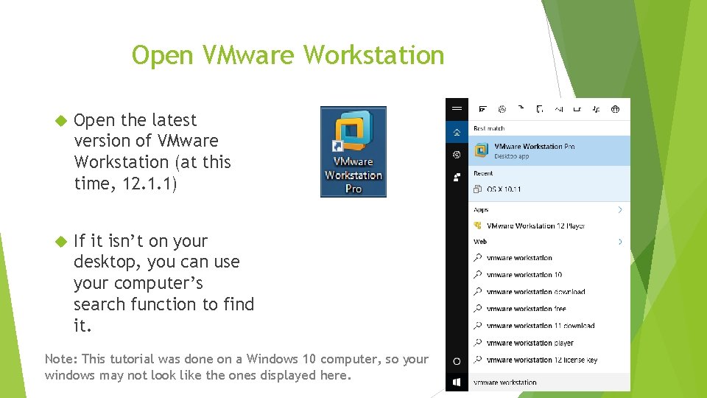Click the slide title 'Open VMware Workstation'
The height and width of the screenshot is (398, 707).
tap(288, 55)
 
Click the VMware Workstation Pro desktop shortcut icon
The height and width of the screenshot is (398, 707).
tap(353, 151)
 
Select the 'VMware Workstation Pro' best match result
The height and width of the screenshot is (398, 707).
tap(534, 150)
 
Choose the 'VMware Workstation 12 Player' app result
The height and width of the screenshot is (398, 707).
tap(535, 226)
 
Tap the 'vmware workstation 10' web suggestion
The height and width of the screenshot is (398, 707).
tap(524, 275)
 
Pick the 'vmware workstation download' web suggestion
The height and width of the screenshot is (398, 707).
tap(535, 292)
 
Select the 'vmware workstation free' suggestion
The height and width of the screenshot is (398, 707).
tap(526, 309)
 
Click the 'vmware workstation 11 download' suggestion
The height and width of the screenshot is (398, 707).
tap(540, 326)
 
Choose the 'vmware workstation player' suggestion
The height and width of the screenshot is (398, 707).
tap(530, 343)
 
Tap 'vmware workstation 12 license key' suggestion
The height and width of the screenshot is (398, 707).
tap(541, 360)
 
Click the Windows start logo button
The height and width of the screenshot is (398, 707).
tap(457, 383)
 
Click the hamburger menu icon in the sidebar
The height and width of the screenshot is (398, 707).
tap(457, 108)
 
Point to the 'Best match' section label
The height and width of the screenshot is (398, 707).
tap(489, 129)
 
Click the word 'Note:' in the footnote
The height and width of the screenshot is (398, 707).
tap(61, 359)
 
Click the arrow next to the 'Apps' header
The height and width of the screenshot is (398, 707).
tap(620, 210)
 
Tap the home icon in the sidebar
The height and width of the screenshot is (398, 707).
tap(457, 132)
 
